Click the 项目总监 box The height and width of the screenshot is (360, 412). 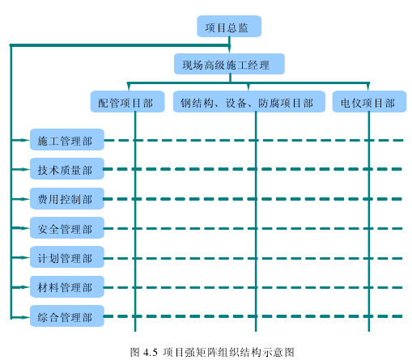point(229,26)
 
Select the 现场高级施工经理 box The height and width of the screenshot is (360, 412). point(229,64)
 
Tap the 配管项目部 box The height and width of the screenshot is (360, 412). point(128,101)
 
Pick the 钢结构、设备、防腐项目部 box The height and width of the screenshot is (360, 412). point(249,101)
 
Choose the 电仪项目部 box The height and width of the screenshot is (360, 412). point(369,101)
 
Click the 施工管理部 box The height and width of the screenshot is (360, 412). point(67,139)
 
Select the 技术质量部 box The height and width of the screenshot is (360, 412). point(67,169)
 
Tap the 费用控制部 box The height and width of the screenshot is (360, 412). point(67,198)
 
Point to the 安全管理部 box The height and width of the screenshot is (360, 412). point(67,228)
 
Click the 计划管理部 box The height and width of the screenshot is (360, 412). point(67,257)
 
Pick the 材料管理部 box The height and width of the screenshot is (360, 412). point(67,286)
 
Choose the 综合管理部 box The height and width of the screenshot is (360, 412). point(67,316)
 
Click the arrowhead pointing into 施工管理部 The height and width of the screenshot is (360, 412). point(25,140)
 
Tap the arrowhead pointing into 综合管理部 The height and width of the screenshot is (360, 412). point(25,317)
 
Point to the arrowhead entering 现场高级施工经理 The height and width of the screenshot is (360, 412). point(230,49)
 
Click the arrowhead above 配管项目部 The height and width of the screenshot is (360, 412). point(129,87)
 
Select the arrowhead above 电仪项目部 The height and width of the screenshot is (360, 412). point(368,87)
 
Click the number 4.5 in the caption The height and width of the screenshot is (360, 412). point(151,353)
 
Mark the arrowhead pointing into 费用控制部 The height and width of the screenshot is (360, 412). point(25,199)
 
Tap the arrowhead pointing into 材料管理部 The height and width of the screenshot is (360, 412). point(25,287)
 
